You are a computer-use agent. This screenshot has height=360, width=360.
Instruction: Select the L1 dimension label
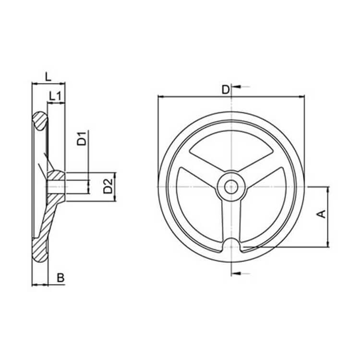55,96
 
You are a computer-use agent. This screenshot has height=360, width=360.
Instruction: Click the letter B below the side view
60,277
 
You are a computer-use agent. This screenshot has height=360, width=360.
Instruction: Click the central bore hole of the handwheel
231,186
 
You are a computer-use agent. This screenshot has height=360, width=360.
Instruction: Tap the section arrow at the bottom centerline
240,273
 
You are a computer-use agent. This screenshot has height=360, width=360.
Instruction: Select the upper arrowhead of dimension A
328,189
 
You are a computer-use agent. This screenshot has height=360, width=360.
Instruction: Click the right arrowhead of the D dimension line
302,96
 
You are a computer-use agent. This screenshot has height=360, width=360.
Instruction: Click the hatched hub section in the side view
55,183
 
